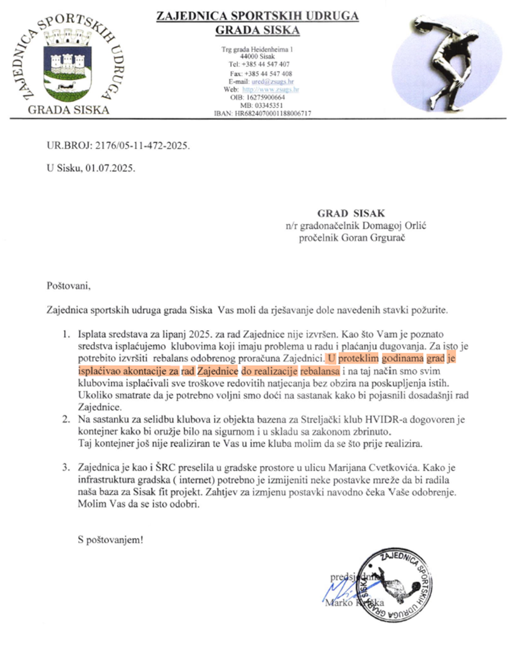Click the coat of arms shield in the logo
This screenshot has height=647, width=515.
pos(67,64)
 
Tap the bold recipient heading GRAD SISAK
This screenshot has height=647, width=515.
pos(351,213)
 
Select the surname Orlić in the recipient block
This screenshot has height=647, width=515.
pos(416,225)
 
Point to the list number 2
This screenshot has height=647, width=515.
pos(66,419)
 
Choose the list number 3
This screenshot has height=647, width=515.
pos(66,468)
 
